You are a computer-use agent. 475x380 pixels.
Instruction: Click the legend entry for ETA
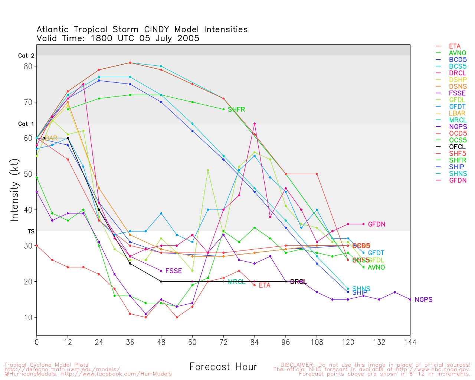click(455, 46)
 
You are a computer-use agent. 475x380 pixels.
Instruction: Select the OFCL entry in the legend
click(457, 147)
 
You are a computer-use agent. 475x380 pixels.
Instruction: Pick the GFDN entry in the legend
click(458, 180)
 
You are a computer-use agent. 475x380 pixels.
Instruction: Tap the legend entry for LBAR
click(457, 114)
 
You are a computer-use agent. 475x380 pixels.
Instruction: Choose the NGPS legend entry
click(458, 127)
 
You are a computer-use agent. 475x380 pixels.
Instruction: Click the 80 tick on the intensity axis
click(28, 66)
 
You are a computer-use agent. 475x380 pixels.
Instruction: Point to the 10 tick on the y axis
click(28, 318)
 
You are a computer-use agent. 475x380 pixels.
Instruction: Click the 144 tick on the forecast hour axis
click(410, 342)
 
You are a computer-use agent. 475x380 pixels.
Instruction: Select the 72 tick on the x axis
click(223, 342)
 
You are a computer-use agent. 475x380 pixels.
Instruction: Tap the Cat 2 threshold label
click(26, 56)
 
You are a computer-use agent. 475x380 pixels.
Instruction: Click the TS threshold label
click(31, 232)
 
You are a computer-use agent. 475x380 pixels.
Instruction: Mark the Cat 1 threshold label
click(26, 124)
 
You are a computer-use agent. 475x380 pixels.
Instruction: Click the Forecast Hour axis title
click(223, 367)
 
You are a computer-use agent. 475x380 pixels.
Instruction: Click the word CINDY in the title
click(158, 30)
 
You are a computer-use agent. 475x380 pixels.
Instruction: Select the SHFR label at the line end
click(236, 109)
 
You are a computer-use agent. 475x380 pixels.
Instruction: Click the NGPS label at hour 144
click(423, 300)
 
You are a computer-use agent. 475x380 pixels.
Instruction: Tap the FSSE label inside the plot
click(174, 271)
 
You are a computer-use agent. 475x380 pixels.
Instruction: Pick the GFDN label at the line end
click(377, 225)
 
